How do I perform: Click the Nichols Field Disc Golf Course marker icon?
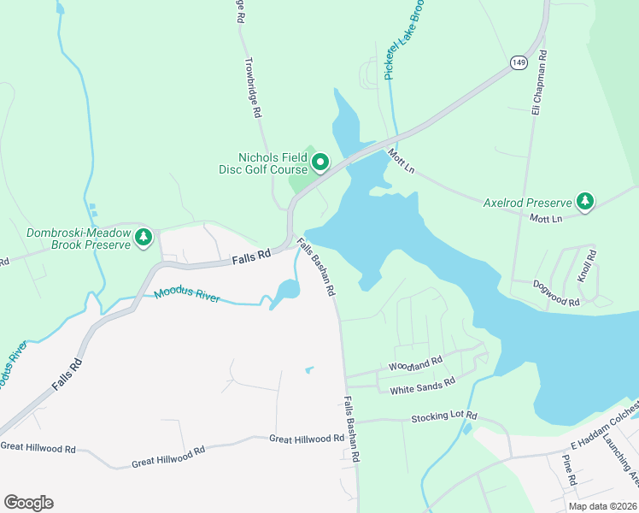pyautogui.click(x=320, y=162)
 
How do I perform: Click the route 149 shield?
pyautogui.click(x=519, y=62)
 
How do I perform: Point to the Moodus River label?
pyautogui.click(x=186, y=297)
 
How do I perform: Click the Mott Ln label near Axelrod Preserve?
pyautogui.click(x=546, y=219)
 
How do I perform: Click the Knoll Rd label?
pyautogui.click(x=585, y=266)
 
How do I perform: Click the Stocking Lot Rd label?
pyautogui.click(x=443, y=416)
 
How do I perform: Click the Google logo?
pyautogui.click(x=28, y=503)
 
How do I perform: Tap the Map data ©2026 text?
pyautogui.click(x=601, y=506)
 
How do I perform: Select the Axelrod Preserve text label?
pyautogui.click(x=527, y=203)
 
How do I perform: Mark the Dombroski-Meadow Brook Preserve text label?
pyautogui.click(x=79, y=239)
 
